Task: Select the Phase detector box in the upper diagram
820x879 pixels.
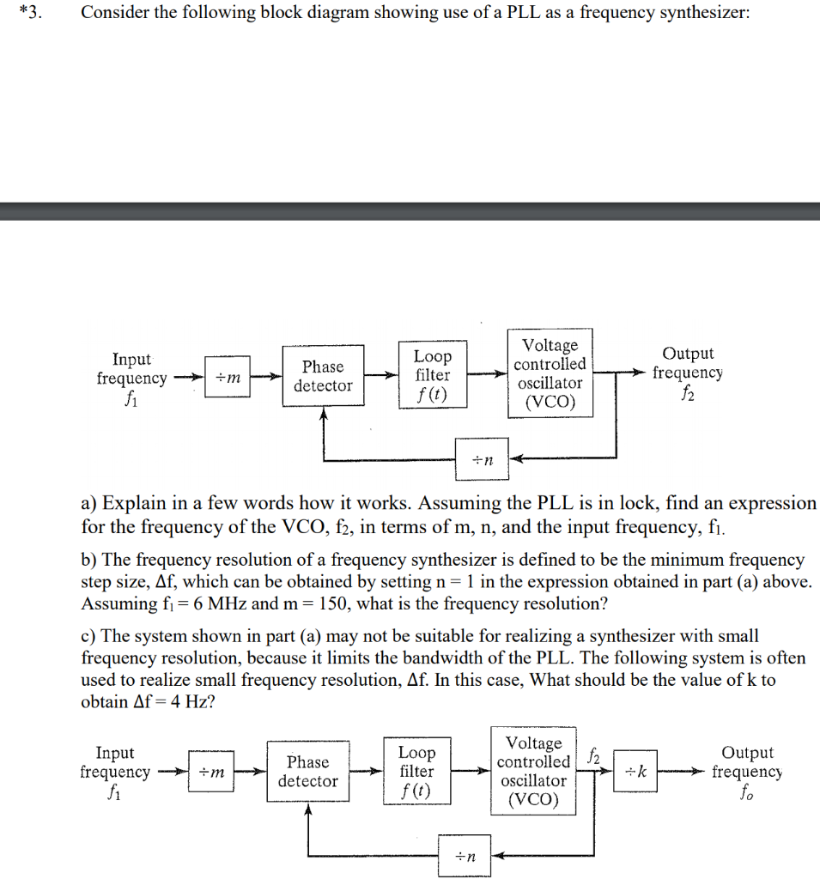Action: [x=322, y=376]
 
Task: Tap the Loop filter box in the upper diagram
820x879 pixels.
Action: [x=433, y=375]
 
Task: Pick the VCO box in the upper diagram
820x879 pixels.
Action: [x=550, y=373]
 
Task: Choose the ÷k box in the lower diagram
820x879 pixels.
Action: [x=640, y=772]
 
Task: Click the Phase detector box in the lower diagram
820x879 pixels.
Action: [x=307, y=771]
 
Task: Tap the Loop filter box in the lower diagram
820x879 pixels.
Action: [x=417, y=771]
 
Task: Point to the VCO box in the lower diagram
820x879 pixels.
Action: [x=533, y=771]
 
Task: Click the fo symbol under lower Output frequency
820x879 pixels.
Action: [x=745, y=791]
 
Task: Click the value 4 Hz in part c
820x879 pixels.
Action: [x=188, y=701]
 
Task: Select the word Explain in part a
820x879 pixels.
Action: [x=131, y=503]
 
